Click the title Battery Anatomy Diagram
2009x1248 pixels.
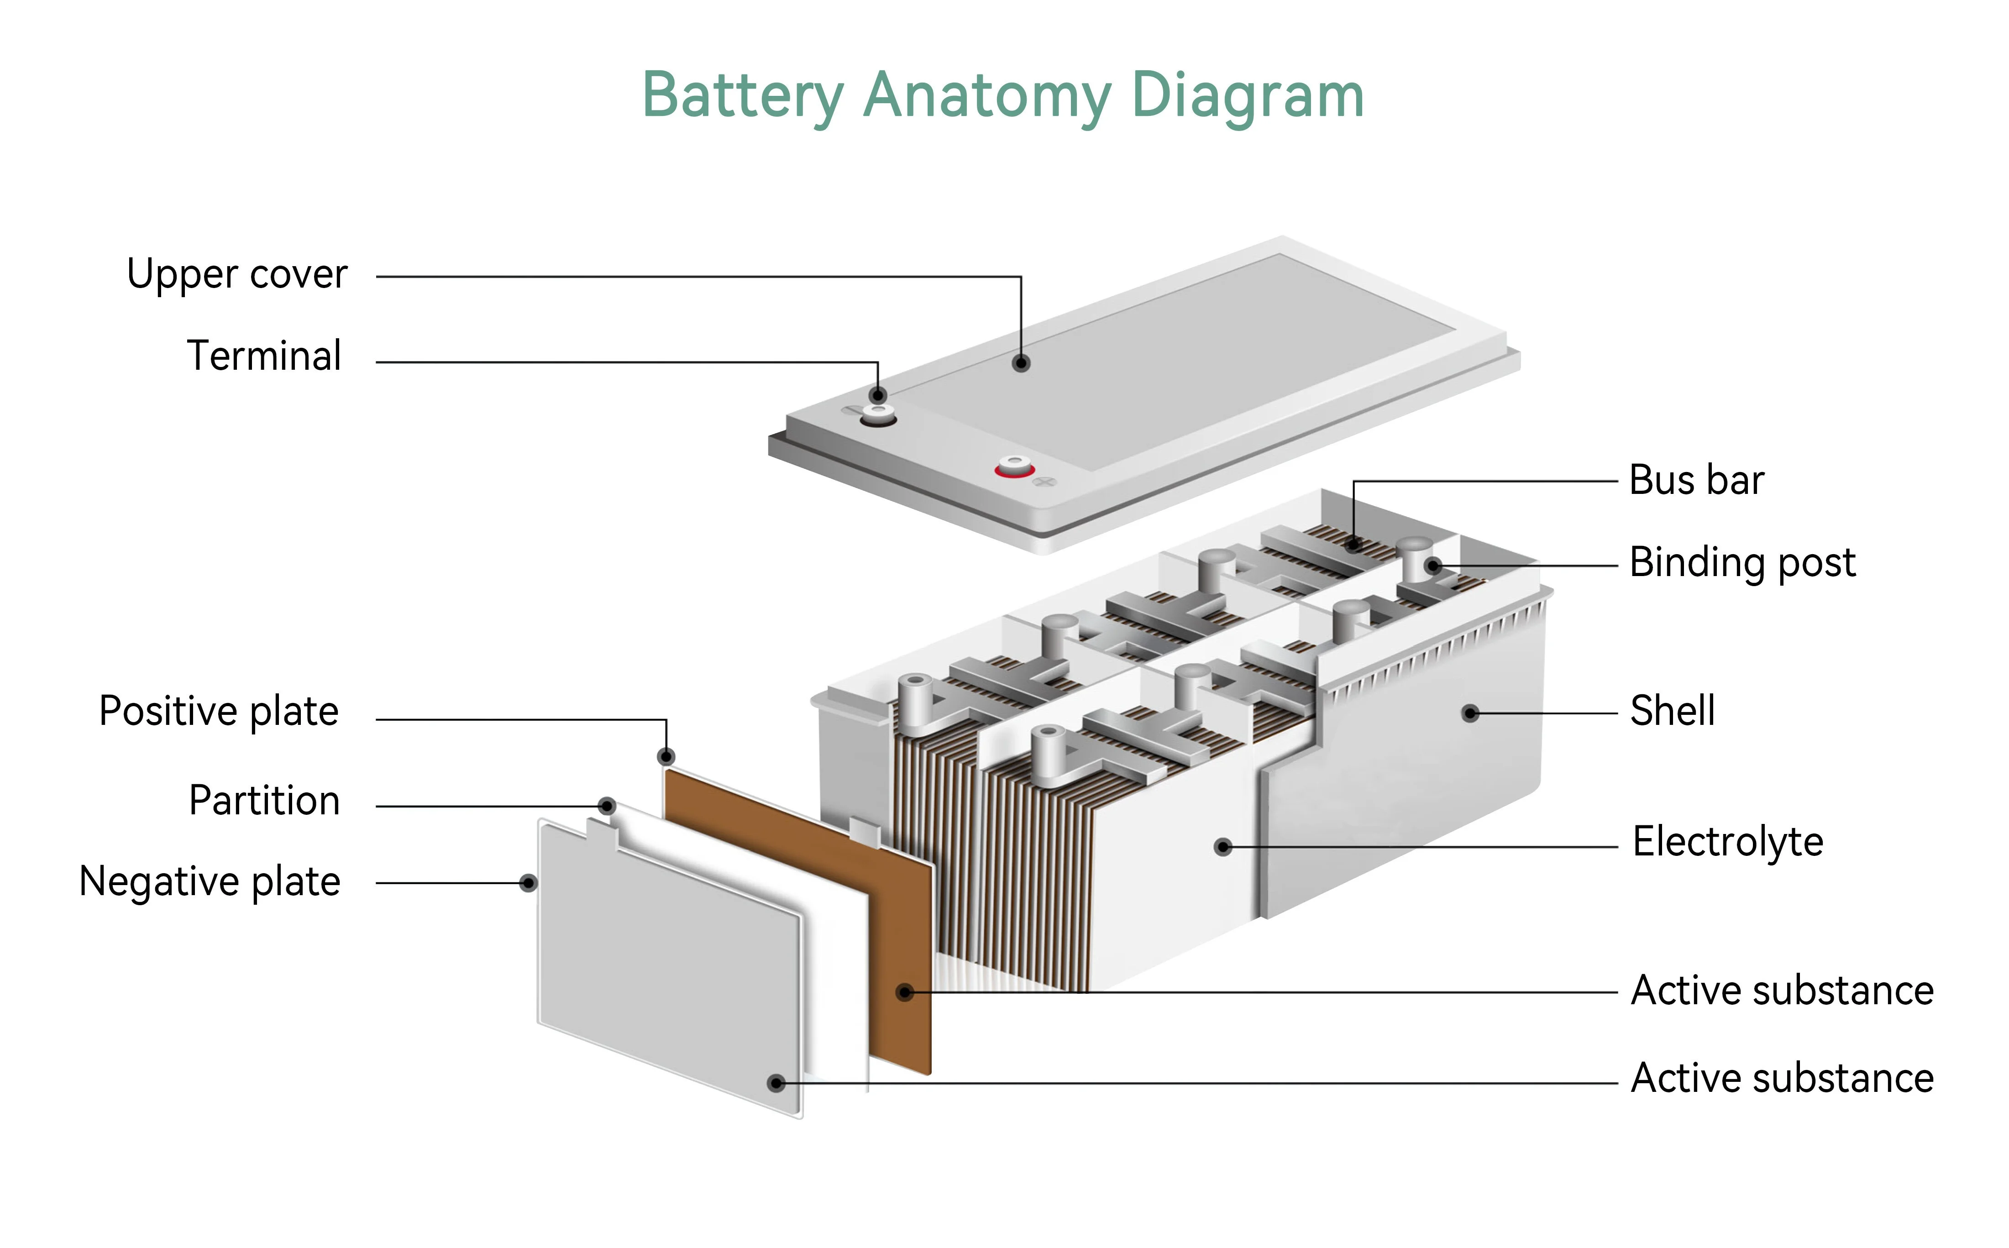tap(1003, 96)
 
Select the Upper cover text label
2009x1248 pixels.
tap(237, 275)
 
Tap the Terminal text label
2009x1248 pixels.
tap(264, 357)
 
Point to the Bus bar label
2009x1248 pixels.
tap(1696, 480)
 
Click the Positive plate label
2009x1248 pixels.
tap(219, 712)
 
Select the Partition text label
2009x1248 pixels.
tap(264, 801)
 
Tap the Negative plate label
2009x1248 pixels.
tap(210, 881)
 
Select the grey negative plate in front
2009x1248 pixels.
tap(669, 966)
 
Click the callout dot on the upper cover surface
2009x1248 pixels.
tap(1021, 363)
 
